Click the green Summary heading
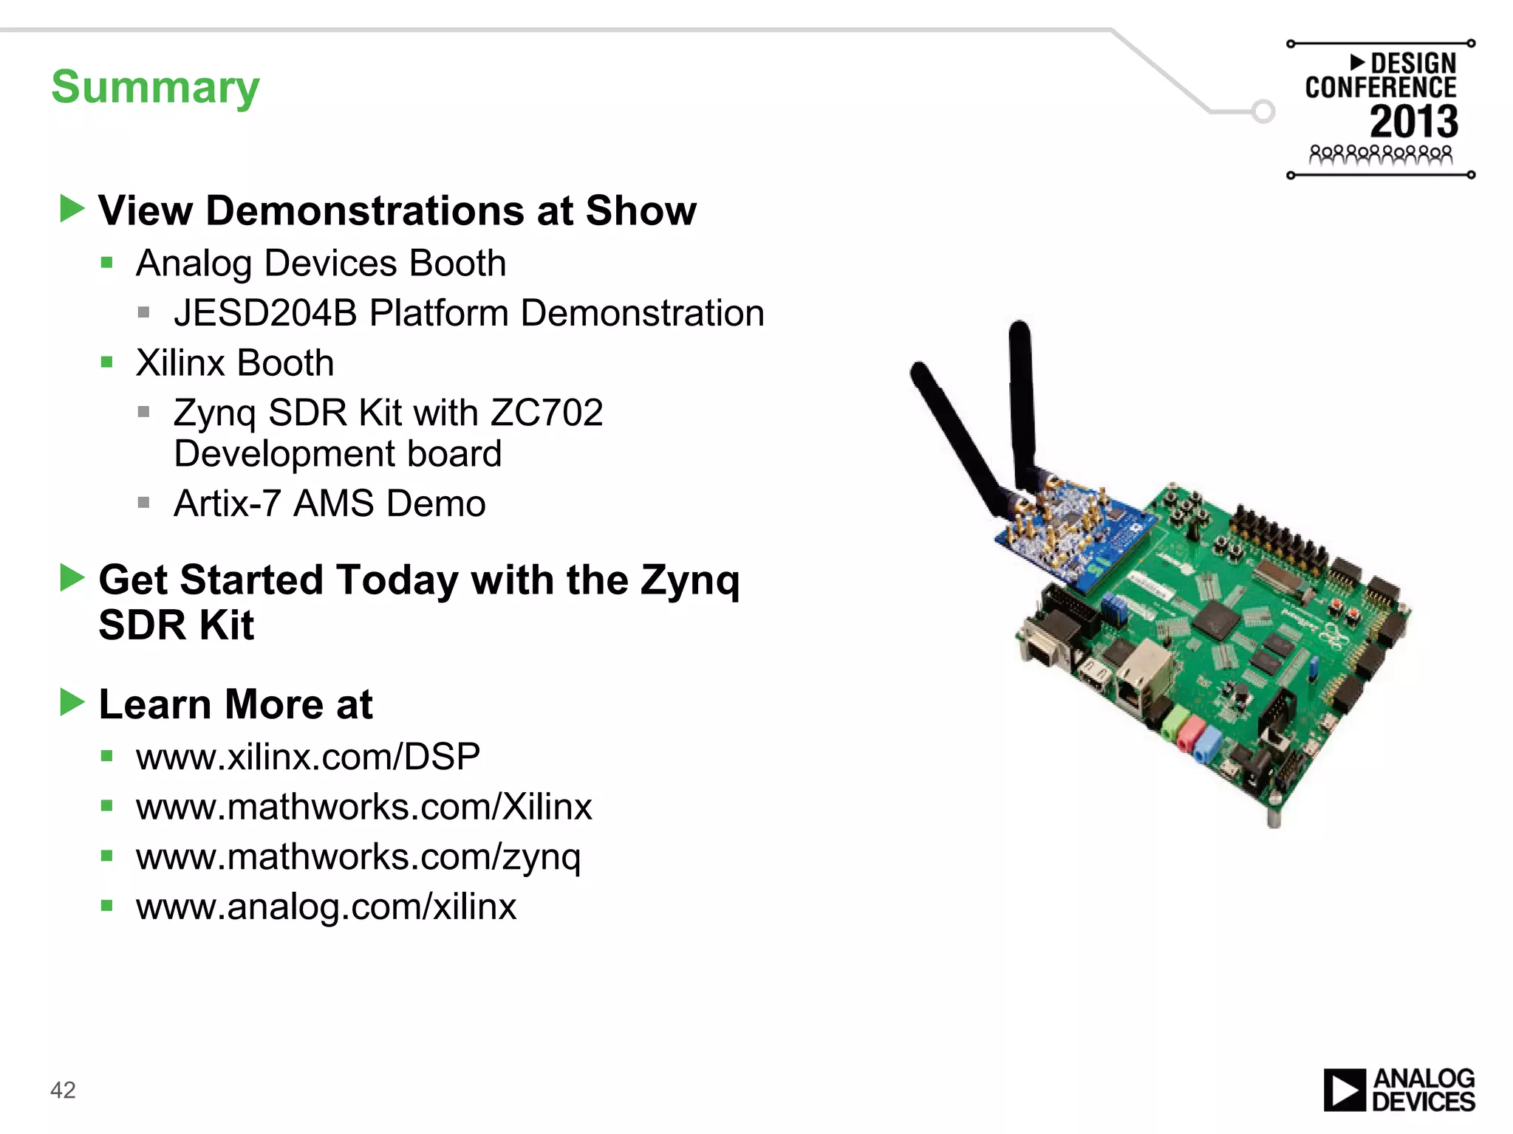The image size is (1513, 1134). click(x=155, y=87)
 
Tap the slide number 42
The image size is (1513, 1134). click(x=63, y=1090)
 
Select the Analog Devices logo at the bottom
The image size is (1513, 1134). click(x=1398, y=1090)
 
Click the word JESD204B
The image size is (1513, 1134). click(x=264, y=313)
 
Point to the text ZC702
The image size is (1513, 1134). click(x=546, y=412)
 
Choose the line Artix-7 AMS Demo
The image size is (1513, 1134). click(x=329, y=504)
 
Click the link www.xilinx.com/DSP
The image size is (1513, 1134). click(x=308, y=757)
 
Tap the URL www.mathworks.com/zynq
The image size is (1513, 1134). click(x=358, y=856)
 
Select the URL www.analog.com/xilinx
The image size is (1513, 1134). click(x=326, y=907)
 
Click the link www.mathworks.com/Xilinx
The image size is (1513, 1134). click(x=363, y=807)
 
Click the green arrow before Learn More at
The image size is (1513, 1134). click(x=72, y=702)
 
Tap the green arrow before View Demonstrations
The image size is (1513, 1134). click(x=72, y=209)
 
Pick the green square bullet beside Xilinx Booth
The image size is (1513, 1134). click(x=107, y=362)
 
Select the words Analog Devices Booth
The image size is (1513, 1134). click(x=321, y=264)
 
